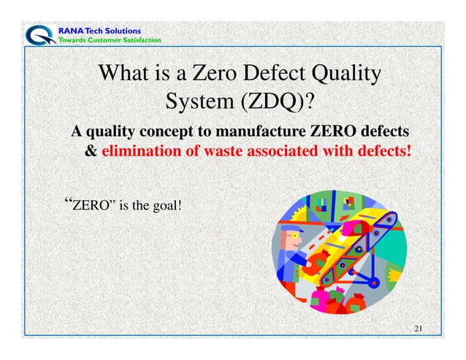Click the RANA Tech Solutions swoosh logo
(37, 34)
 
